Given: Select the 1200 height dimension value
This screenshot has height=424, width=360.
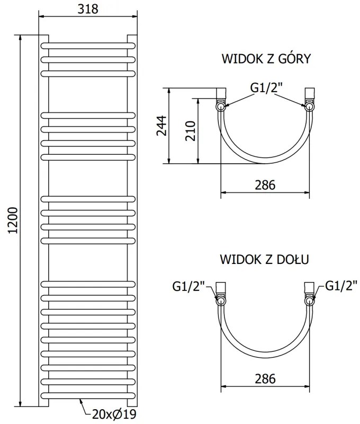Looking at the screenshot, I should pos(14,220).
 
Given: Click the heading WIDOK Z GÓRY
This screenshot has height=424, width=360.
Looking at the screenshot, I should pos(265,58).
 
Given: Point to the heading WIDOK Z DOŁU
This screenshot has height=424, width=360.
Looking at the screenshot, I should pos(265,260).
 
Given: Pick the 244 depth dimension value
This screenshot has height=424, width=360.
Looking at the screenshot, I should pos(161,126).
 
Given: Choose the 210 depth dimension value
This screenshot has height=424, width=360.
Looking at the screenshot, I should pos(191,130).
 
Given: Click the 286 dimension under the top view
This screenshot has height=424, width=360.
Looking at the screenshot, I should pos(265,185).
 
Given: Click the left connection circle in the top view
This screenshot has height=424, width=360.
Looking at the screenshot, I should pos(221,106).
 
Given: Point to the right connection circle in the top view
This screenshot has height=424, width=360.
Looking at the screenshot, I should pos(309,106).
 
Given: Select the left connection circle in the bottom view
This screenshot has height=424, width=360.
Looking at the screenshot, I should pos(221,301).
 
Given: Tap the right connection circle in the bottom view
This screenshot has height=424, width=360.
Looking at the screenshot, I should pos(309,301).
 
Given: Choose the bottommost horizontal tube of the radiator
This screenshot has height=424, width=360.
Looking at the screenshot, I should pos(88,396).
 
